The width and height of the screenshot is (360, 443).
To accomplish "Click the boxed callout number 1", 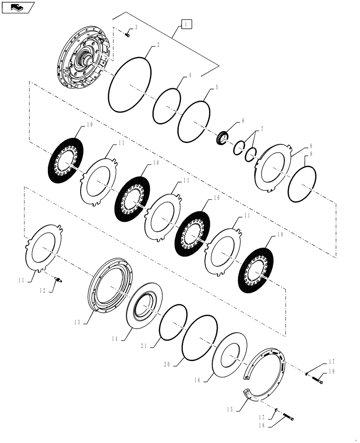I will [x=186, y=24].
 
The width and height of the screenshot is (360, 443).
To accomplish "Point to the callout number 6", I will [x=242, y=120].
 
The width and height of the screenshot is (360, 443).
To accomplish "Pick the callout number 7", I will [x=262, y=129].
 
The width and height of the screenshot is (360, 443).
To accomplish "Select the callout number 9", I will [x=311, y=154].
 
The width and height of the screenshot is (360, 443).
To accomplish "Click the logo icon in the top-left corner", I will [x=17, y=7].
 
